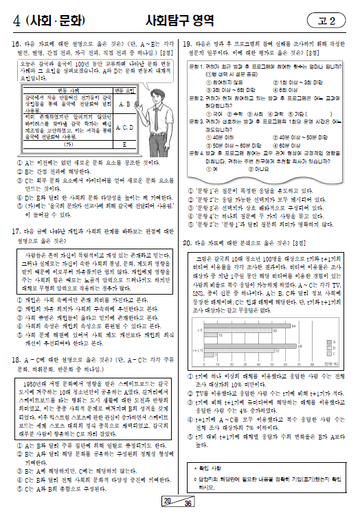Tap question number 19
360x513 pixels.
[x=186, y=43]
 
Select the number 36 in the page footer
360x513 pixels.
[x=188, y=503]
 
